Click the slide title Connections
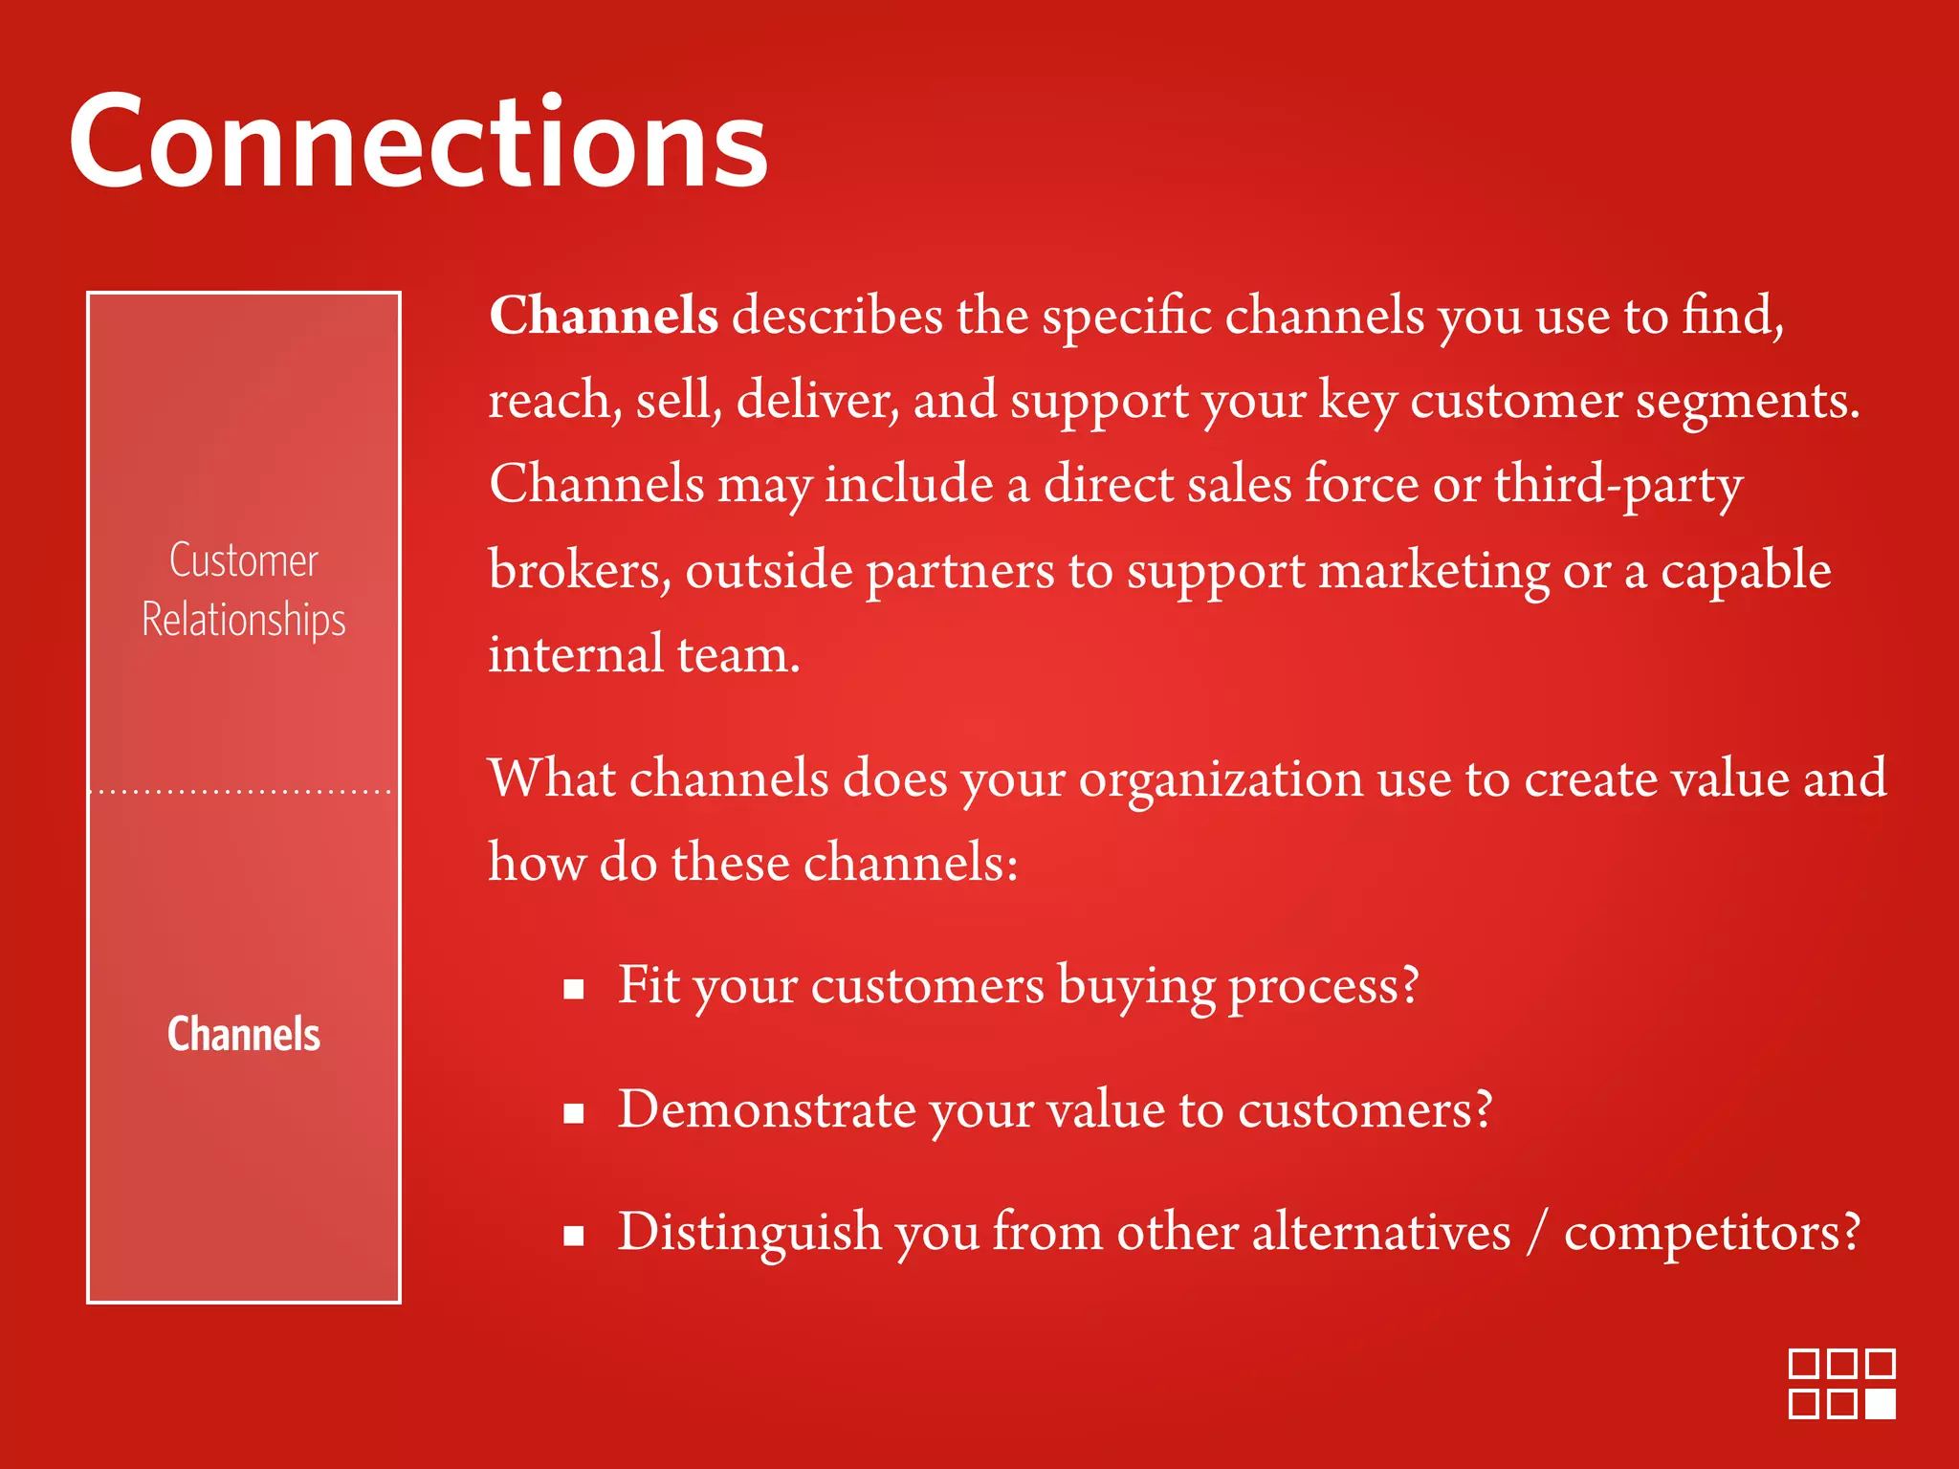tap(418, 143)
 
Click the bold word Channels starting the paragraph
tap(604, 315)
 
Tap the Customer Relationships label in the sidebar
tap(244, 589)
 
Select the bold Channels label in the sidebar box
tap(244, 1034)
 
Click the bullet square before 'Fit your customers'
tap(574, 989)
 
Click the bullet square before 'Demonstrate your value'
tap(574, 1112)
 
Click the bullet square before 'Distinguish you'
tap(574, 1236)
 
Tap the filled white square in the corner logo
tap(1881, 1403)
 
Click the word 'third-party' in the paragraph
tap(1618, 484)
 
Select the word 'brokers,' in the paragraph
tap(580, 570)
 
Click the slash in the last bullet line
tap(1536, 1233)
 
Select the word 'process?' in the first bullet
tap(1323, 987)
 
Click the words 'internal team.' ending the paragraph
tap(644, 654)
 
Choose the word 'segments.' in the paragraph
tap(1748, 402)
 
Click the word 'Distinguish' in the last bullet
tap(749, 1233)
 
